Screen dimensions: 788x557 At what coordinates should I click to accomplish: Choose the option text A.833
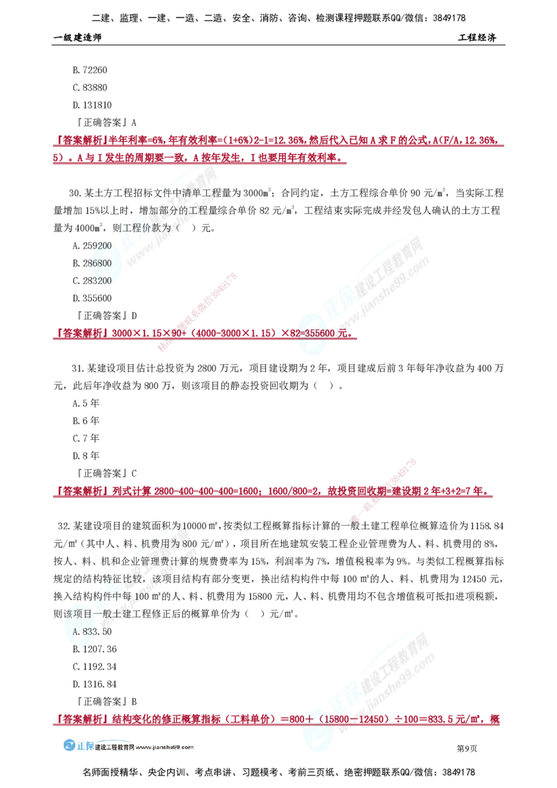click(x=84, y=630)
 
